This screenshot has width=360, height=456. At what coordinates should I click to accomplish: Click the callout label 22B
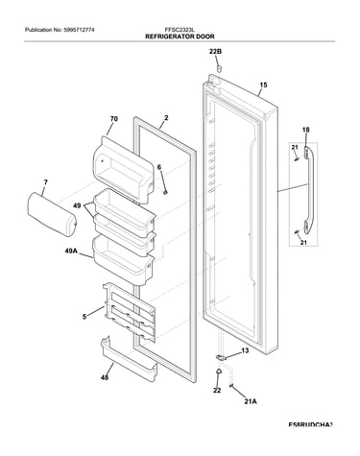[216, 51]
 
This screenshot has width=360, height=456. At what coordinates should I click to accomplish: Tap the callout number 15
[263, 85]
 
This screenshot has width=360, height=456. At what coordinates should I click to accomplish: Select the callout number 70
[113, 119]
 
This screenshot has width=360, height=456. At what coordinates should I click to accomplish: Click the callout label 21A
[251, 401]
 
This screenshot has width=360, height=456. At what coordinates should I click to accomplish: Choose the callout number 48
[105, 377]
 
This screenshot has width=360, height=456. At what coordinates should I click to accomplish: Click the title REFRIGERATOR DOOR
[180, 36]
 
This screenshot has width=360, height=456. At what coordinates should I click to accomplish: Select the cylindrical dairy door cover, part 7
[51, 214]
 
